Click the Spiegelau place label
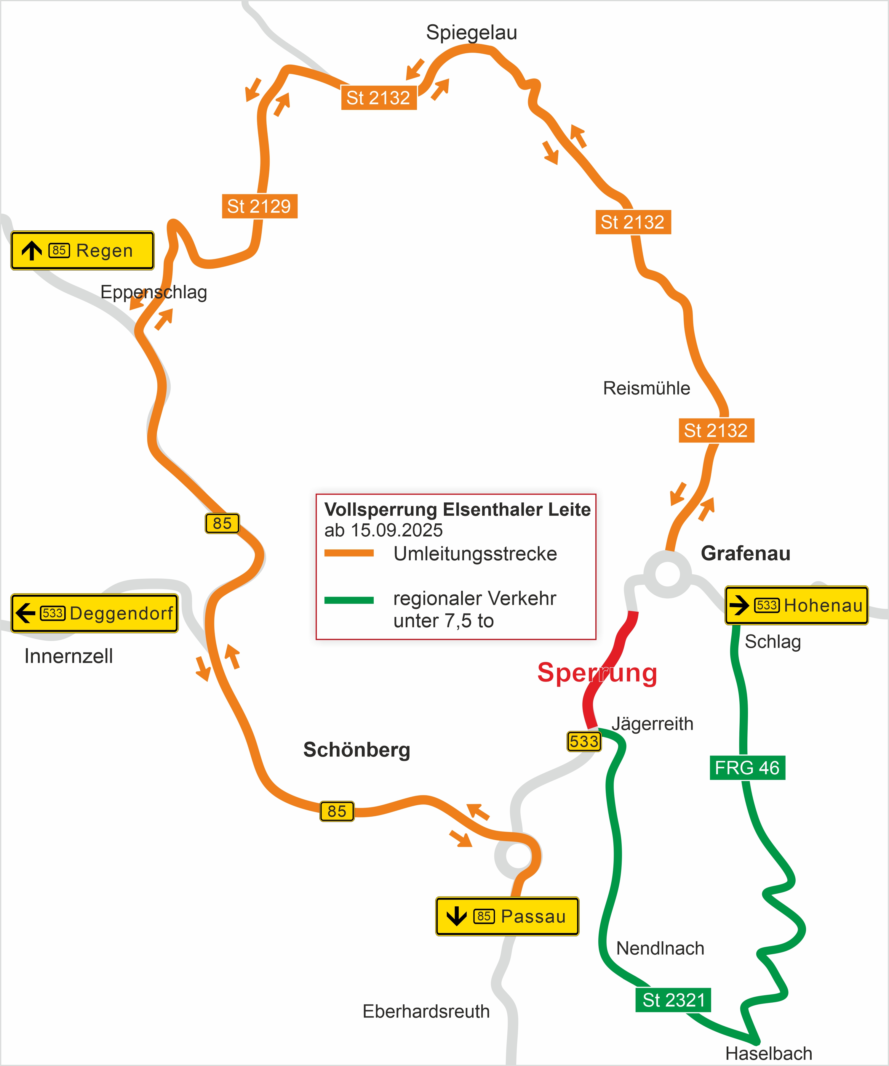click(471, 33)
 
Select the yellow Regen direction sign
click(82, 250)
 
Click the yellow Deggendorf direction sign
click(95, 613)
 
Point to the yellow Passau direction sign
click(507, 916)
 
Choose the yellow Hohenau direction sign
click(796, 605)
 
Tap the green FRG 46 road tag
click(747, 767)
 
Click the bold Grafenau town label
click(745, 553)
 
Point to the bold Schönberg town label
click(356, 750)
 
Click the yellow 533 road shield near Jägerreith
click(584, 741)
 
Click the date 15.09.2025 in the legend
click(396, 530)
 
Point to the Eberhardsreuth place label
click(426, 1011)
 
